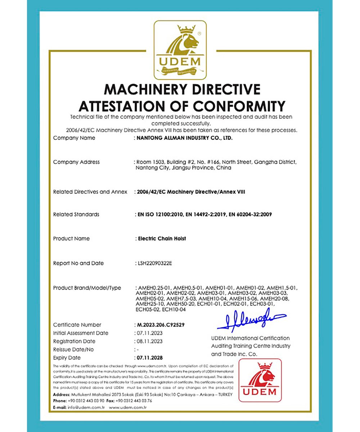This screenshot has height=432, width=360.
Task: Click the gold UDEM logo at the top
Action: point(180,50)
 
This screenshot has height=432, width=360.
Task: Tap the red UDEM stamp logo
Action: point(260,380)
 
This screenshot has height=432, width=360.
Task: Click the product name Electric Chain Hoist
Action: point(162,239)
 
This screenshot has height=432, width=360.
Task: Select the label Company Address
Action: point(76,162)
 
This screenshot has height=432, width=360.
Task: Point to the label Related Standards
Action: point(76,215)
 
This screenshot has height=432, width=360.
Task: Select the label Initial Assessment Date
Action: point(81,333)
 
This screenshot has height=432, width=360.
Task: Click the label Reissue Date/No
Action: point(73,350)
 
